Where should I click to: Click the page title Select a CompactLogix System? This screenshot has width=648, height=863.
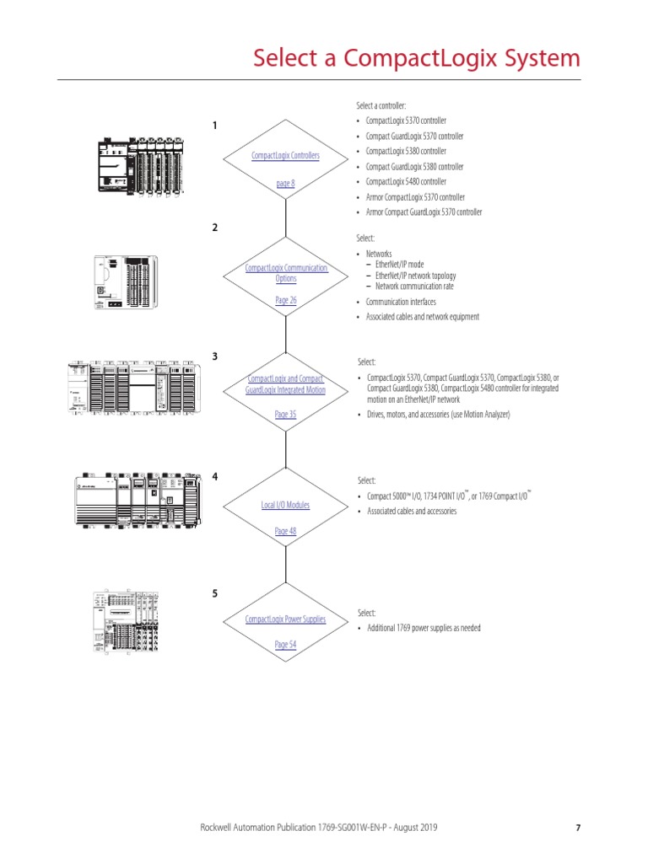(x=417, y=58)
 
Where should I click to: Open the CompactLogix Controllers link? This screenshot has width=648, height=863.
(x=285, y=156)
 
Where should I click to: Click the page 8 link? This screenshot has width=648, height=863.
(x=285, y=183)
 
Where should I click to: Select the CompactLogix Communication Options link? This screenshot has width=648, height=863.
(x=285, y=272)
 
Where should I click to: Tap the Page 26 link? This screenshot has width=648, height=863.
(x=285, y=300)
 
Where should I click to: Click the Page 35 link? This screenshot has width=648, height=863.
(x=285, y=415)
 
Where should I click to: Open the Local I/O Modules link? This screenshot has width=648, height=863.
(x=285, y=505)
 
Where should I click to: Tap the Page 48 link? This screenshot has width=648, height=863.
(x=285, y=531)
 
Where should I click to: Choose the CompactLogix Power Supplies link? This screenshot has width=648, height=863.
(x=285, y=619)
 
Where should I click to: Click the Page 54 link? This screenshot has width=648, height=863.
(x=285, y=645)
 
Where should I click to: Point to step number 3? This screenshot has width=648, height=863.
(x=215, y=356)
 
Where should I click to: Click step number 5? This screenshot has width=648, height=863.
(x=215, y=593)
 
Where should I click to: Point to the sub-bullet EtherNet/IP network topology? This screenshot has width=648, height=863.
(x=415, y=276)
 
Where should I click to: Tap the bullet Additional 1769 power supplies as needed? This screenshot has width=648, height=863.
(x=424, y=628)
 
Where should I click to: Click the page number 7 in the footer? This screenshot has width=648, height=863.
(x=578, y=828)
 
